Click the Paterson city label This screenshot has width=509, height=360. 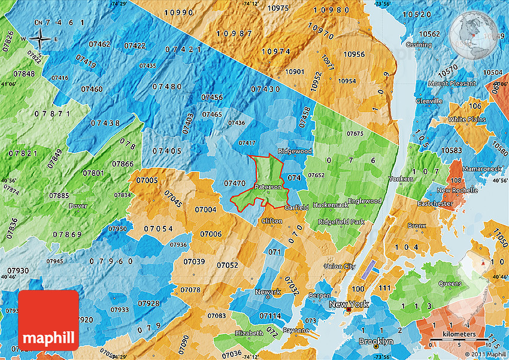pyautogui.click(x=268, y=187)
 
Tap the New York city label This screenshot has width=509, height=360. pyautogui.click(x=349, y=305)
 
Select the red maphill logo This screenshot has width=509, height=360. pyautogui.click(x=49, y=320)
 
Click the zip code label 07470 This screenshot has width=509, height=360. pyautogui.click(x=235, y=183)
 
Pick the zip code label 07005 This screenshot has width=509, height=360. pyautogui.click(x=147, y=180)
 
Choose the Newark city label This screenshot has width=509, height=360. pyautogui.click(x=267, y=292)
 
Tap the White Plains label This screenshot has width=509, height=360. pyautogui.click(x=466, y=119)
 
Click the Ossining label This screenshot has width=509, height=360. pyautogui.click(x=418, y=45)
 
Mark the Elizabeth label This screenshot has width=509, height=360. pyautogui.click(x=249, y=332)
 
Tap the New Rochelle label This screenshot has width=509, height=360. pyautogui.click(x=457, y=190)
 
